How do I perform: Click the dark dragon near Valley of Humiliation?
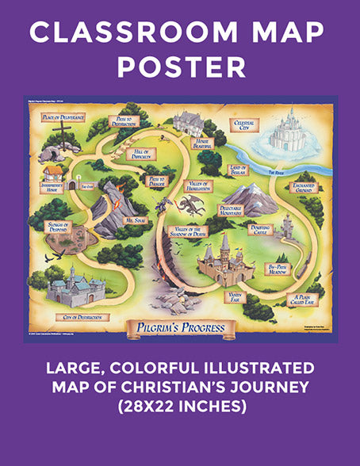click(x=190, y=205)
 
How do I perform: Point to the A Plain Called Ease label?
click(x=300, y=295)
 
